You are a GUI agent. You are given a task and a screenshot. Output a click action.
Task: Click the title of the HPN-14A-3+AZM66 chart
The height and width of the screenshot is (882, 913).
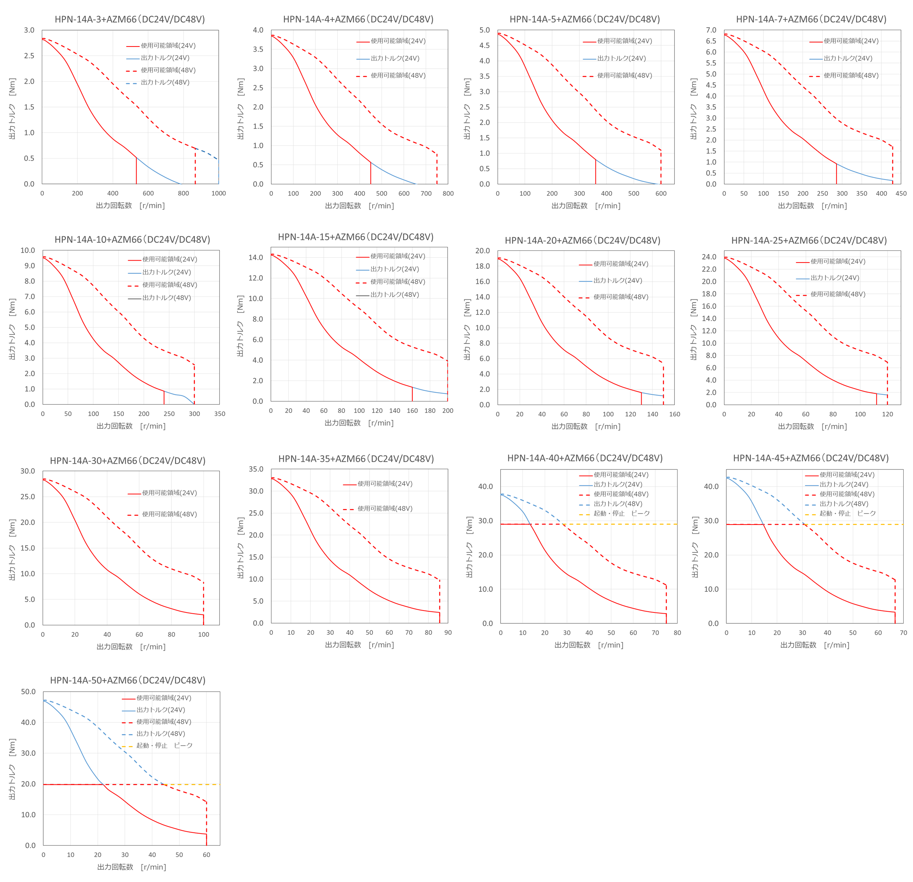click(x=130, y=19)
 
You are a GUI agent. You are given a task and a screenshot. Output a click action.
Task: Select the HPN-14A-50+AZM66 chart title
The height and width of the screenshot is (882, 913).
click(x=128, y=680)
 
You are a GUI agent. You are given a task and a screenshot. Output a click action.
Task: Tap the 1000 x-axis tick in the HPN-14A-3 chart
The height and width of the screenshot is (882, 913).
click(x=218, y=193)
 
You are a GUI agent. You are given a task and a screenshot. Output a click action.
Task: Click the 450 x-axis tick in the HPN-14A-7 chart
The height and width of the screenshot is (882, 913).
click(x=901, y=193)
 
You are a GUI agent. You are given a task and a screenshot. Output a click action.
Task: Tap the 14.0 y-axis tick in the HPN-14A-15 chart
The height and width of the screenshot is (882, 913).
click(x=256, y=257)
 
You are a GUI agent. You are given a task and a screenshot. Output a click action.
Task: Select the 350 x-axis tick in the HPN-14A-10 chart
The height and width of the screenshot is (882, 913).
click(x=219, y=414)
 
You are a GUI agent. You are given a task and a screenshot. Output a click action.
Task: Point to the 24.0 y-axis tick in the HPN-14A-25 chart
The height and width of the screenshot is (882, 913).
click(x=709, y=257)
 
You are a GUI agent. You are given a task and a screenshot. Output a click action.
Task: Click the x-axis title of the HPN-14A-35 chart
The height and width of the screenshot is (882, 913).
click(x=359, y=645)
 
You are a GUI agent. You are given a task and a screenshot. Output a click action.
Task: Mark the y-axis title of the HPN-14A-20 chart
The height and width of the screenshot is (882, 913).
click(x=467, y=329)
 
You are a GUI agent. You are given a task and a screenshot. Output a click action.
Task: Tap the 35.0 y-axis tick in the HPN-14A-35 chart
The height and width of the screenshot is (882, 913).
click(x=256, y=469)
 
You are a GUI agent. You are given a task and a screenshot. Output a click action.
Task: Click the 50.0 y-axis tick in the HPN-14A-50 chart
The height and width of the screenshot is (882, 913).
click(x=28, y=692)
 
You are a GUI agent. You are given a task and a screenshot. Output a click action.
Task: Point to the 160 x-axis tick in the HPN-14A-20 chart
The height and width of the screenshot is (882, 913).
click(x=674, y=414)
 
